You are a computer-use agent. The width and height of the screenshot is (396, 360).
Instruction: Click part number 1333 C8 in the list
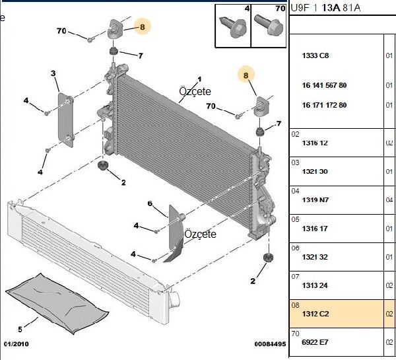[x=315, y=55]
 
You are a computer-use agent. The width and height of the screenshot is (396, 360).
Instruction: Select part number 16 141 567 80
[x=324, y=86]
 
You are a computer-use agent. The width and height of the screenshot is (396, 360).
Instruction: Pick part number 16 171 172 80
[x=324, y=105]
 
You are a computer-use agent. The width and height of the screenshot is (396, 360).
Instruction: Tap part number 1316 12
[x=315, y=143]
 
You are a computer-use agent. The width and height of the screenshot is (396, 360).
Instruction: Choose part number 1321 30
[x=315, y=172]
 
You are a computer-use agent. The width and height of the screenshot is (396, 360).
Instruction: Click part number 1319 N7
[x=315, y=200]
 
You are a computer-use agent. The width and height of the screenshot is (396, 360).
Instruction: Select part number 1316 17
[x=315, y=229]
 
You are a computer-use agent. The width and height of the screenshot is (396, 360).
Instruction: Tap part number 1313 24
[x=315, y=285]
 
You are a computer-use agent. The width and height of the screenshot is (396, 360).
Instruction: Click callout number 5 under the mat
[x=20, y=329]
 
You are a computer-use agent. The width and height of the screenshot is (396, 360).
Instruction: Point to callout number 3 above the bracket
[x=53, y=73]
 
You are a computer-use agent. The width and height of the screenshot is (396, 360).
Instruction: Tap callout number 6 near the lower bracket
[x=150, y=203]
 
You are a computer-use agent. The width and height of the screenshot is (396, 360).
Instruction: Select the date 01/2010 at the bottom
[x=17, y=344]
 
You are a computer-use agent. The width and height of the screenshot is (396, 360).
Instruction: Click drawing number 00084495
[x=271, y=344]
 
